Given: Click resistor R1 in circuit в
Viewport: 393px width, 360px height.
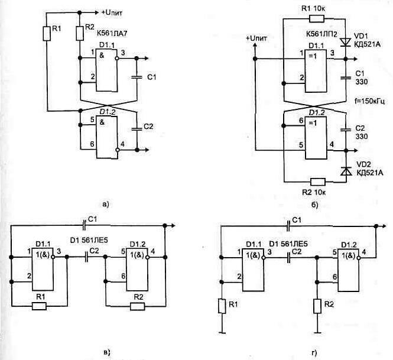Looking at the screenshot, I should (40, 306).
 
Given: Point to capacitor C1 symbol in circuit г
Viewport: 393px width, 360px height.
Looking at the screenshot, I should (287, 226).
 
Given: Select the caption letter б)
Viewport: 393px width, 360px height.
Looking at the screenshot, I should (314, 205).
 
